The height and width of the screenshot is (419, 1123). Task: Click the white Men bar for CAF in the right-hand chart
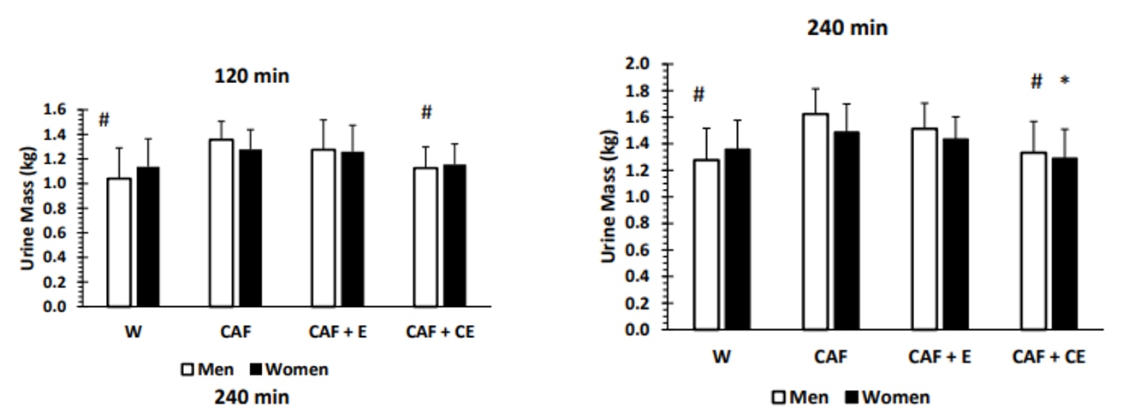tap(815, 221)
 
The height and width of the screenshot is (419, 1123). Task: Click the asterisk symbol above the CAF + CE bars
tap(1065, 82)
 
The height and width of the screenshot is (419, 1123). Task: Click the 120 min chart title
tap(252, 76)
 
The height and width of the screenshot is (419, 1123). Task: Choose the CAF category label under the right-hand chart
tap(829, 357)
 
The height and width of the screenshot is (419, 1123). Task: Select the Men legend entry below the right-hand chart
tap(799, 397)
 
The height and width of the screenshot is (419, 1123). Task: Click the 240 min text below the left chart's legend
tap(252, 397)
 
